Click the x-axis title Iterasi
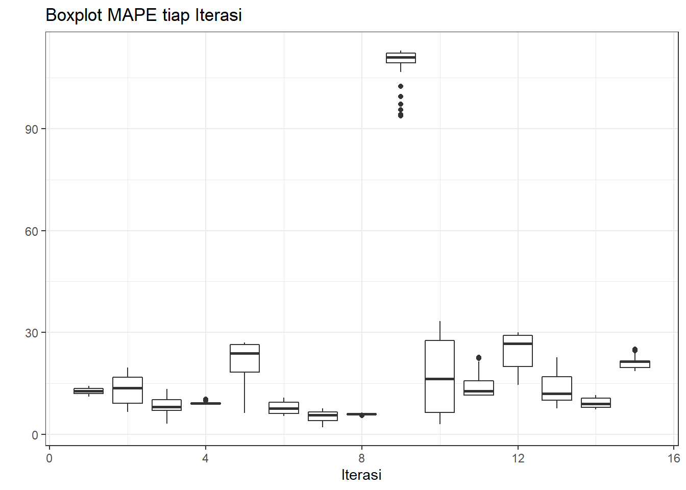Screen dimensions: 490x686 click(x=361, y=475)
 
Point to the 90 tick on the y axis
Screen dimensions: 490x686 click(x=32, y=129)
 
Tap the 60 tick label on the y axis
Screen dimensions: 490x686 click(x=32, y=231)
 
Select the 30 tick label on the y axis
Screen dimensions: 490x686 click(x=32, y=333)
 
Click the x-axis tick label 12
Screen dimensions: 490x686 click(x=518, y=458)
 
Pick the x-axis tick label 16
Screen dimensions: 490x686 click(x=674, y=458)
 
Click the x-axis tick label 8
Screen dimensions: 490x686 click(x=361, y=458)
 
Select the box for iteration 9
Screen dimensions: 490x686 click(x=401, y=58)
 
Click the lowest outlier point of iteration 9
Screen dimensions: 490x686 click(x=401, y=115)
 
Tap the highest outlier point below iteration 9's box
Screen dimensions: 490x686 click(x=401, y=86)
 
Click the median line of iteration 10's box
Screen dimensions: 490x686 click(x=439, y=379)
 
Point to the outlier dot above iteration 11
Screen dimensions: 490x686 click(x=479, y=358)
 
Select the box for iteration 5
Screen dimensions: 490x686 click(x=244, y=358)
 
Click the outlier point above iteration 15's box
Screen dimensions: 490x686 click(x=635, y=350)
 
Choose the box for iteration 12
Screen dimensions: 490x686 click(x=518, y=351)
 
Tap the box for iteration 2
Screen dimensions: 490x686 click(x=128, y=390)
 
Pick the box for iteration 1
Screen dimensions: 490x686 click(x=88, y=391)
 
